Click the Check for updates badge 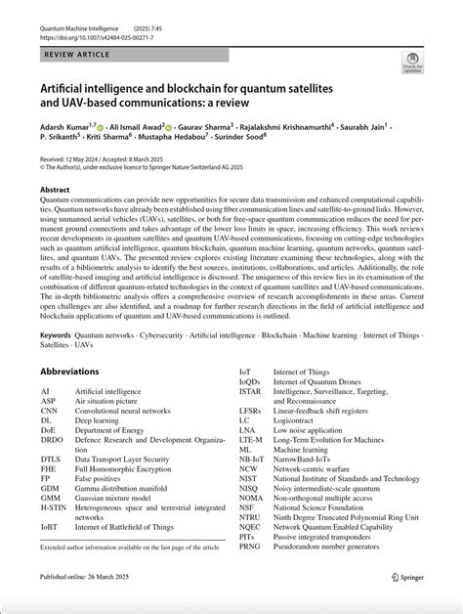(x=412, y=62)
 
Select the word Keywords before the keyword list (x=56, y=334)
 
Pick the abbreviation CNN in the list (x=50, y=411)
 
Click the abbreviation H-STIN (x=54, y=506)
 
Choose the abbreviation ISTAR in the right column (x=251, y=391)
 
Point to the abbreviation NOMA (x=252, y=498)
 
